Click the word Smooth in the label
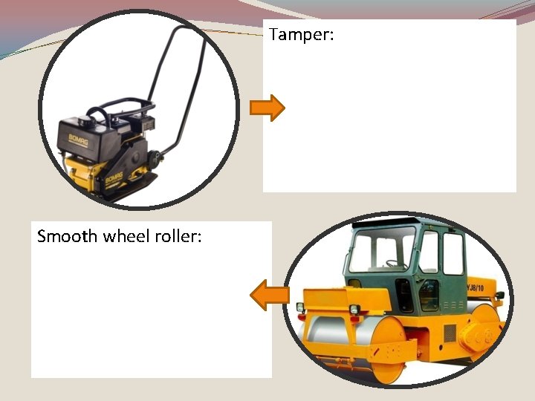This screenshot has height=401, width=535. (67, 237)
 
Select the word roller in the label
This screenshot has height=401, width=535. (178, 237)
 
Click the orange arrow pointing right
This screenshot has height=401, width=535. (267, 108)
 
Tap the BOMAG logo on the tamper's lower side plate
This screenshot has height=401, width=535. (113, 178)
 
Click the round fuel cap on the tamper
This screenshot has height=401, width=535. (95, 116)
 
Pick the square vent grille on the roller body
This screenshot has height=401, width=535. (450, 333)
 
